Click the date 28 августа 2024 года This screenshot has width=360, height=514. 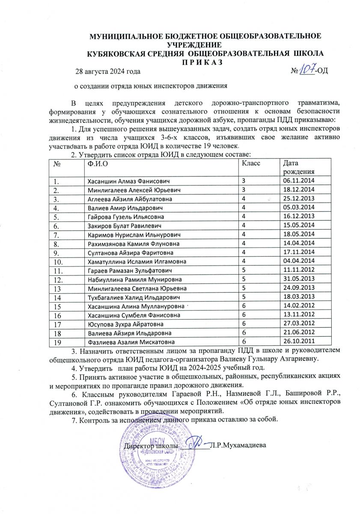107,71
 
